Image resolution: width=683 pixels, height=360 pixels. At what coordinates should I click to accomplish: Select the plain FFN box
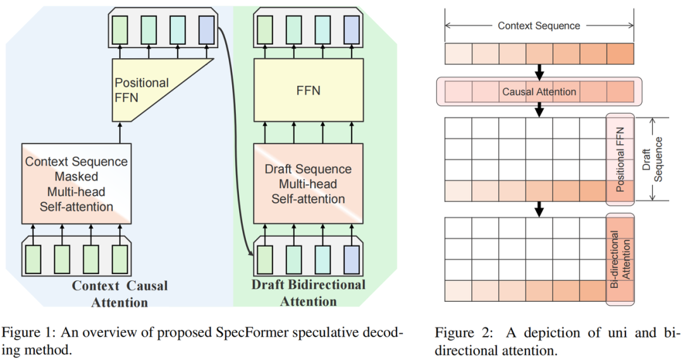click(x=309, y=90)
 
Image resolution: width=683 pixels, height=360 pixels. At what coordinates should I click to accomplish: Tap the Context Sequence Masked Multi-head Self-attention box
click(x=77, y=184)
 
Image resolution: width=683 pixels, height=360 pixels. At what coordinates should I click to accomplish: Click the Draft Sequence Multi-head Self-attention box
click(x=309, y=183)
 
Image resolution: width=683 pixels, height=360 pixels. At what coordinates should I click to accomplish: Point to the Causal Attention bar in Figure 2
click(x=539, y=92)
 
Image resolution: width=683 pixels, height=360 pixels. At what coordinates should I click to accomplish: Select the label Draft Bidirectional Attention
click(x=309, y=292)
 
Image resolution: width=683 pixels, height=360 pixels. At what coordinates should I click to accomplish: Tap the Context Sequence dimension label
click(x=539, y=26)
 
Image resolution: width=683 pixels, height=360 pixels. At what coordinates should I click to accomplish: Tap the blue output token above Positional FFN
click(x=206, y=28)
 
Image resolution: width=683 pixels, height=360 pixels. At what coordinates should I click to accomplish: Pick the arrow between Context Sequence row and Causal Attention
click(x=539, y=70)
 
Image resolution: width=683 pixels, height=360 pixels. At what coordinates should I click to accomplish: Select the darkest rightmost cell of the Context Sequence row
click(x=620, y=54)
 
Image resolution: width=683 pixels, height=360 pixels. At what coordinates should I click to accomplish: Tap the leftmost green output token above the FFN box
click(x=264, y=28)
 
